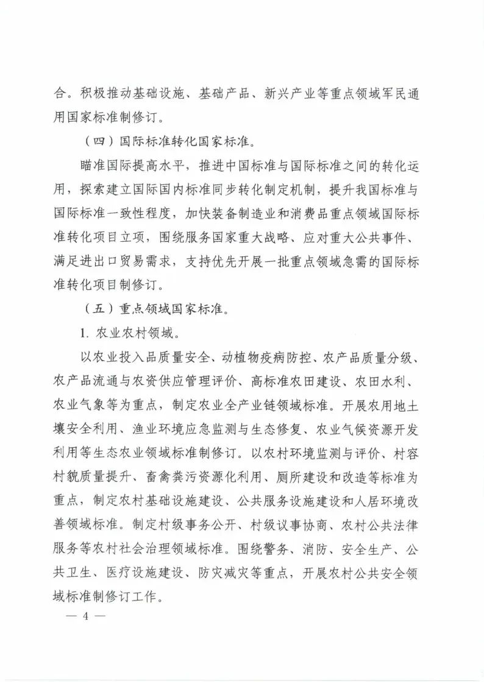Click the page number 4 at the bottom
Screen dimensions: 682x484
pos(86,615)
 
